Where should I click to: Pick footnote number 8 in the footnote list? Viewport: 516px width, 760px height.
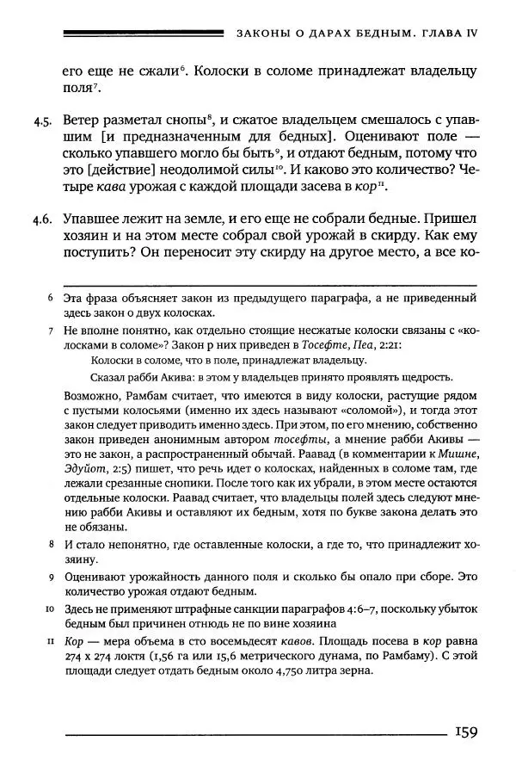[51, 546]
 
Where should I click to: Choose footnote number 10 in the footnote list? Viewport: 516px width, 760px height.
[49, 609]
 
